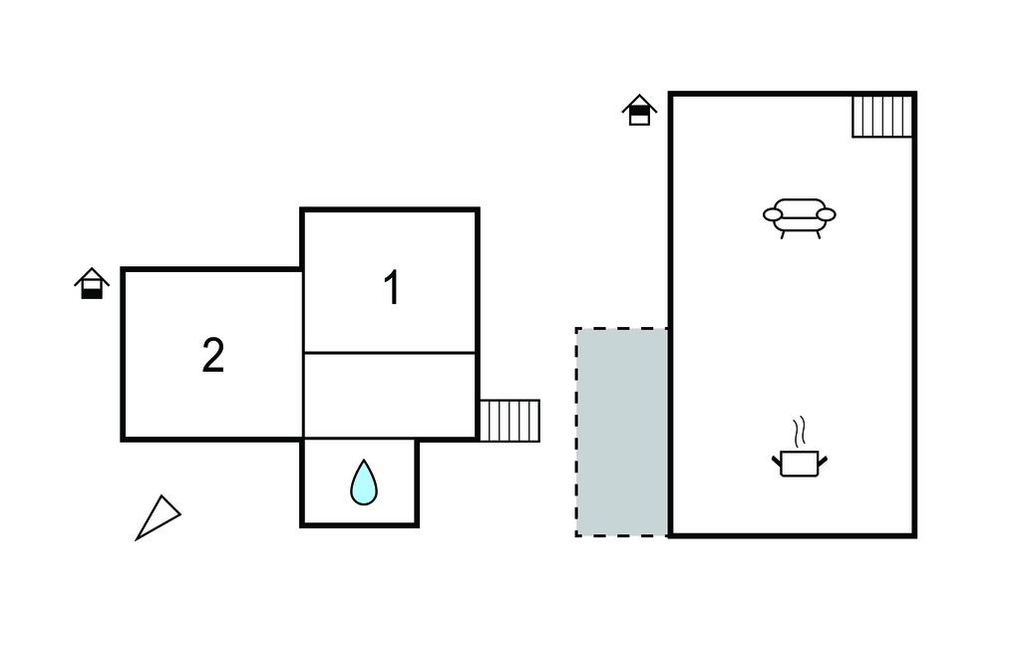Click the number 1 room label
coord(392,288)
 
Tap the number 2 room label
coord(213,356)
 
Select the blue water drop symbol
coord(364,483)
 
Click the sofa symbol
coord(799,217)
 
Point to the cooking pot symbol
coord(800,462)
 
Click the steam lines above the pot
coord(799,433)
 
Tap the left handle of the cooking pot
coord(777,459)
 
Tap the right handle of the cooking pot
coord(823,459)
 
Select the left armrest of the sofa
coord(773,213)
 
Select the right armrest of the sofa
coord(826,213)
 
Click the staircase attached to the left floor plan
coord(510,420)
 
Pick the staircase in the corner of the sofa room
coord(882,117)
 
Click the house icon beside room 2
coord(92,284)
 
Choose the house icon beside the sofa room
coord(639,110)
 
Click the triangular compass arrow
coord(158,517)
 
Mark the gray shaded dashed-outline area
coord(622,432)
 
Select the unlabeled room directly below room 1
coord(390,395)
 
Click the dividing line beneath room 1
coord(390,352)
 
